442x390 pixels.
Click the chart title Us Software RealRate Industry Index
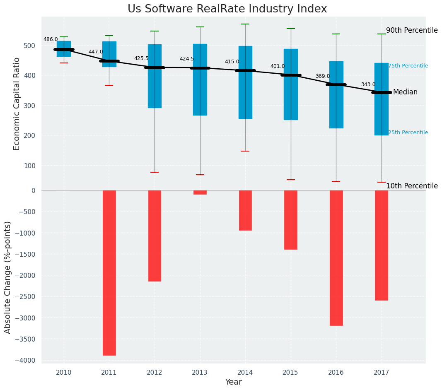227,9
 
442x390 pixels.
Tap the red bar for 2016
336,258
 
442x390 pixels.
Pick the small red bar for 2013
200,192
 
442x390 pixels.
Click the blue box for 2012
155,76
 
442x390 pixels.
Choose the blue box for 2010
64,48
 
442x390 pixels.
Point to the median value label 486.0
51,39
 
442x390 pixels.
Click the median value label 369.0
322,76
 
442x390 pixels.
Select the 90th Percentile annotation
412,30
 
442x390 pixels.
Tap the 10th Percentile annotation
412,186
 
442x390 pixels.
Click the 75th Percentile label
408,66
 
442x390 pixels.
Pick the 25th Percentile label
408,132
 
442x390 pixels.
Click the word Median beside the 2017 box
405,92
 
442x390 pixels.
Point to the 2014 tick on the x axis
245,373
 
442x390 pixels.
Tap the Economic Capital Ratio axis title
17,104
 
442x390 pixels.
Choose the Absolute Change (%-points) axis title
8,277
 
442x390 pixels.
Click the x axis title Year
233,382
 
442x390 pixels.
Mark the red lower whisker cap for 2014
245,151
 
